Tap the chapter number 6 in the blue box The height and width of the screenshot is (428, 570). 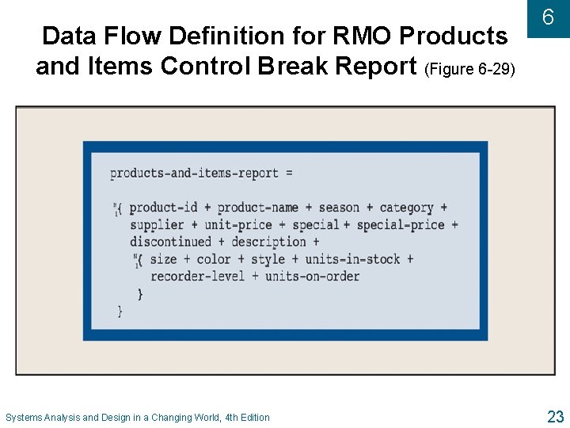pyautogui.click(x=547, y=18)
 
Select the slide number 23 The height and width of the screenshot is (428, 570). pyautogui.click(x=554, y=416)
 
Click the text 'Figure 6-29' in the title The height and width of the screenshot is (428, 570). pyautogui.click(x=470, y=69)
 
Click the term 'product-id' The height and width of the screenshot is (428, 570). pyautogui.click(x=163, y=208)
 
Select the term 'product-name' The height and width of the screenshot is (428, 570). pyautogui.click(x=258, y=208)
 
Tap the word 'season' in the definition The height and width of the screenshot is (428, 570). pyautogui.click(x=339, y=208)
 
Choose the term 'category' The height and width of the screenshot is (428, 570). pyautogui.click(x=406, y=208)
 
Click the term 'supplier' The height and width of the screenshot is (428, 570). pyautogui.click(x=157, y=225)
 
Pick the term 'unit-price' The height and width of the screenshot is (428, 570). pyautogui.click(x=238, y=225)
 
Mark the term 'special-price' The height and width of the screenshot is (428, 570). pyautogui.click(x=401, y=225)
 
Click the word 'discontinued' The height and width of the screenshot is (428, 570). pyautogui.click(x=171, y=242)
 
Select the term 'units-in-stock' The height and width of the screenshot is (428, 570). pyautogui.click(x=353, y=259)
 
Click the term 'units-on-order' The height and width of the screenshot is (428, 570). pyautogui.click(x=312, y=276)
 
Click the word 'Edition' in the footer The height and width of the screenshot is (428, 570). pyautogui.click(x=252, y=417)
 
